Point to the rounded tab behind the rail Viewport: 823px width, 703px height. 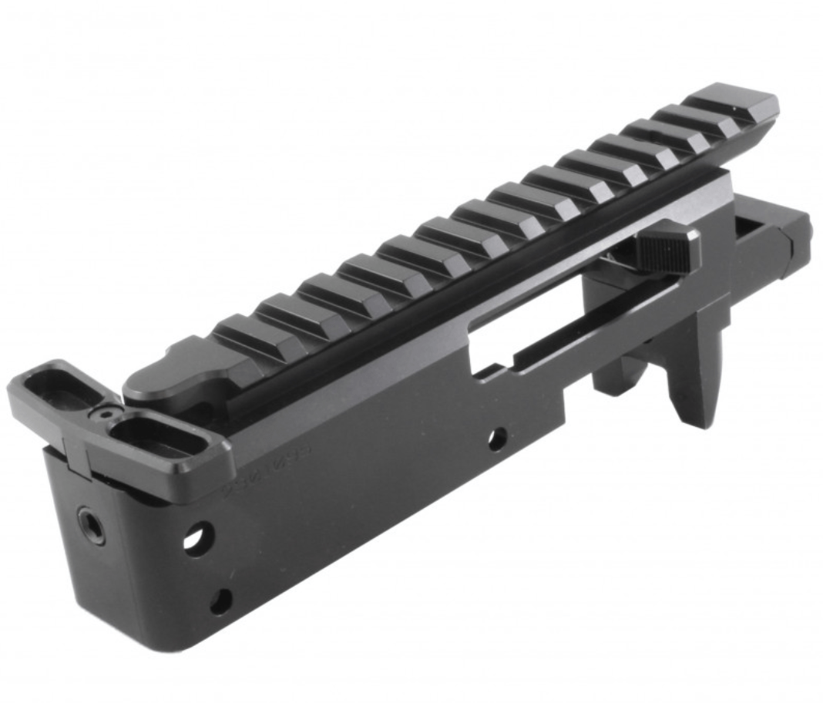pos(166,378)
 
